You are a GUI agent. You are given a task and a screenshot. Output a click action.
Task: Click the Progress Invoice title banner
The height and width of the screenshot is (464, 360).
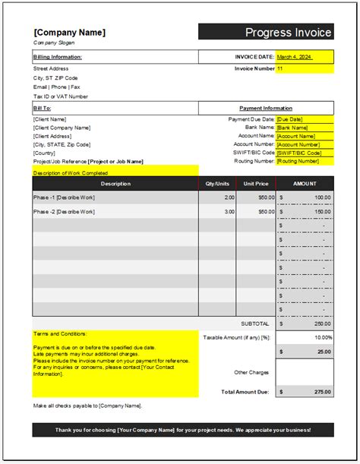tap(266, 32)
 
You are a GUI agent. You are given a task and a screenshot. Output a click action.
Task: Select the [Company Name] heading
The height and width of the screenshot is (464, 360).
tap(70, 33)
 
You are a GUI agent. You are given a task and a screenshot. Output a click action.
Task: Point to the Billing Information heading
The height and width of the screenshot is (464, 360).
tap(58, 57)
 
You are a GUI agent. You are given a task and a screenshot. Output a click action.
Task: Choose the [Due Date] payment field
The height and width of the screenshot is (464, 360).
tap(304, 119)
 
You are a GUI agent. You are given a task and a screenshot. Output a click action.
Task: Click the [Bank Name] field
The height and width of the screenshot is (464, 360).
tap(304, 128)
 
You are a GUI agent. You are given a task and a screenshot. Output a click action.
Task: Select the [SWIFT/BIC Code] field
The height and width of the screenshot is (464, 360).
tap(304, 153)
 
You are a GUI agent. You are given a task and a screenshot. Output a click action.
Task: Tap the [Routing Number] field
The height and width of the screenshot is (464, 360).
tap(304, 161)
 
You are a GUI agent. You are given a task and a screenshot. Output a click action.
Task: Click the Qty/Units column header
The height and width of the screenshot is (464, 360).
tap(217, 184)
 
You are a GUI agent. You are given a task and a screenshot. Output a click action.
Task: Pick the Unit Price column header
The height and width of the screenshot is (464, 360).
tap(256, 184)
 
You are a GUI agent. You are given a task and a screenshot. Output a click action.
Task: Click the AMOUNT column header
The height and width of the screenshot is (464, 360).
tap(304, 184)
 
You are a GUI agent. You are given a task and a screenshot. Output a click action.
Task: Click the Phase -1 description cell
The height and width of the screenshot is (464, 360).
tap(64, 197)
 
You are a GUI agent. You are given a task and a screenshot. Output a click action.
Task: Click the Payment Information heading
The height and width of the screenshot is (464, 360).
tap(266, 109)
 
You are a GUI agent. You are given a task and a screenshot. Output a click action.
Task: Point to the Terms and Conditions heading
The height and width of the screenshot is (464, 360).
tap(60, 333)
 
